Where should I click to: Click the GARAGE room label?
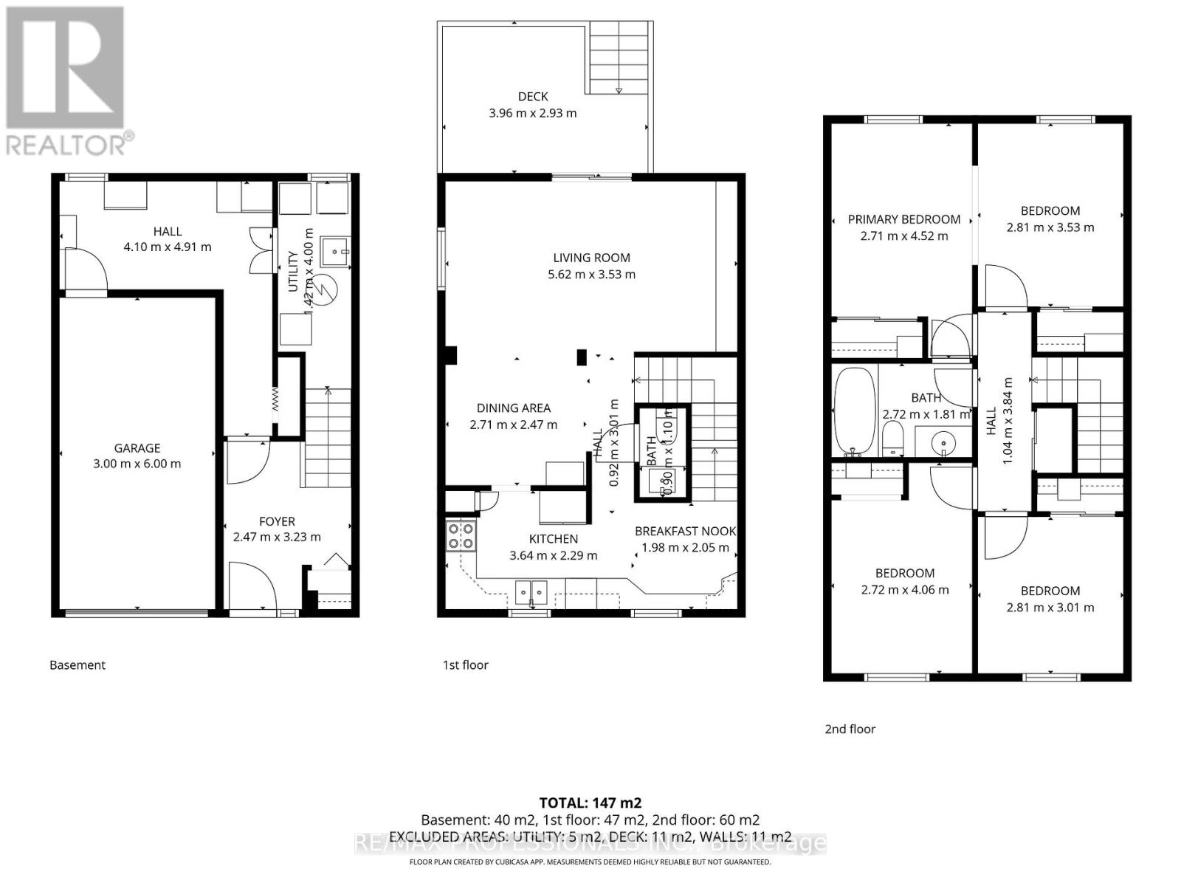click(x=137, y=448)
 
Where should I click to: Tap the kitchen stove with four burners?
click(x=461, y=535)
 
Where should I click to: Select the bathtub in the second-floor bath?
click(x=855, y=411)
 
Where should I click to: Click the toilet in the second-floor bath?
click(x=893, y=439)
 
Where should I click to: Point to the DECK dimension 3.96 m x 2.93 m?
click(x=532, y=113)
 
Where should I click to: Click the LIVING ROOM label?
click(x=591, y=258)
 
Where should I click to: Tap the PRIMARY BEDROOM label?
click(x=903, y=219)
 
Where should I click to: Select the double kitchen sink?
click(x=531, y=591)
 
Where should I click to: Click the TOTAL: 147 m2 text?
click(x=590, y=803)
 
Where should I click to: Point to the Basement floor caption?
click(x=78, y=664)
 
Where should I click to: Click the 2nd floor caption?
click(x=850, y=729)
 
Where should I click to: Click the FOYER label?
click(x=277, y=521)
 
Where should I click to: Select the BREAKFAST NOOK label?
click(x=685, y=531)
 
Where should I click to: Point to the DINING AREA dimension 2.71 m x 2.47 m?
click(x=513, y=425)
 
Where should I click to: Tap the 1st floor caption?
click(x=465, y=664)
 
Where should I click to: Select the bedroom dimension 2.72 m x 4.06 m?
click(x=905, y=589)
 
